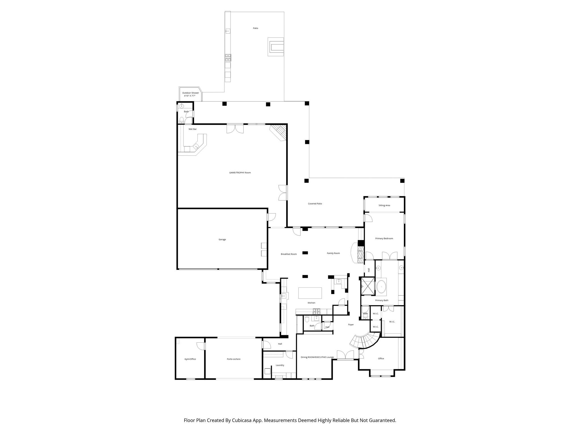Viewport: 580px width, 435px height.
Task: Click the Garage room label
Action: click(222, 240)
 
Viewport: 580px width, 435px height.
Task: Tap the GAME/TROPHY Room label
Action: click(240, 173)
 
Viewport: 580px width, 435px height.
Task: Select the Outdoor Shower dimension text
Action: click(190, 96)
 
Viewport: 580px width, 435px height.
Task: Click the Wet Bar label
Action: click(193, 129)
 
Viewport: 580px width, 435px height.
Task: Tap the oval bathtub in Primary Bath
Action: click(381, 287)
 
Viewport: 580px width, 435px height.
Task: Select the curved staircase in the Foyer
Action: click(364, 341)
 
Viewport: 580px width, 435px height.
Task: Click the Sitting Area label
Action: click(384, 206)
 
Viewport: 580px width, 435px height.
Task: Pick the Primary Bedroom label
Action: click(384, 238)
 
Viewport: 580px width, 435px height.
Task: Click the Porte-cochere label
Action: click(233, 359)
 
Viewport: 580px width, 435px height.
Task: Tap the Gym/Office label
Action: click(190, 359)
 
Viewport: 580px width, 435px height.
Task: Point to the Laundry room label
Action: click(280, 365)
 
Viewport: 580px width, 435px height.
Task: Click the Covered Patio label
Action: click(315, 204)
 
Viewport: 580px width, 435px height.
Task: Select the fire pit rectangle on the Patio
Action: click(276, 47)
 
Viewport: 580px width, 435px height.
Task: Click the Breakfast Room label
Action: click(289, 254)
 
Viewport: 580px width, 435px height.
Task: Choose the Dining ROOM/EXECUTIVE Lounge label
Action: click(317, 357)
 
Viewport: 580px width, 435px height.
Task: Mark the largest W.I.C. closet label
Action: click(392, 322)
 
